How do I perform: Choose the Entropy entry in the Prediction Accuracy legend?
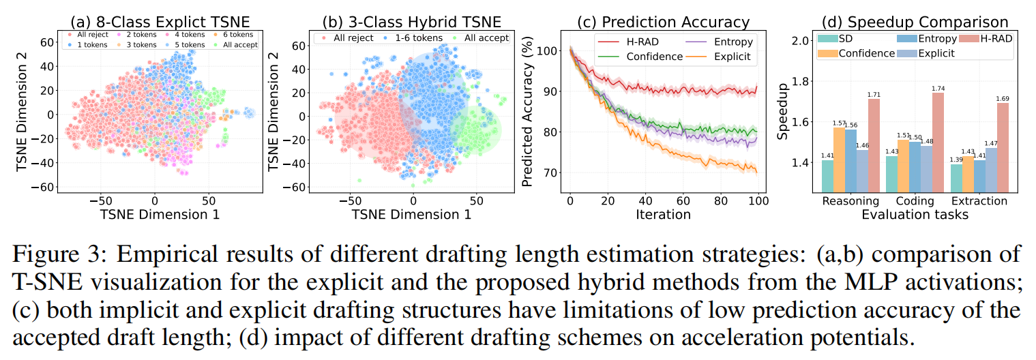(729, 42)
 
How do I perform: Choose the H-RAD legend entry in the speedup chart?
(996, 39)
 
